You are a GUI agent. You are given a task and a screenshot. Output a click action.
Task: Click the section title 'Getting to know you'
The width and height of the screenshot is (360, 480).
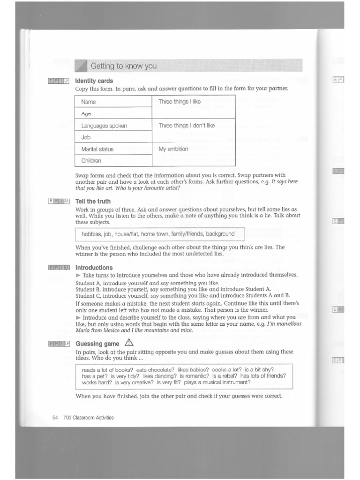[x=124, y=66]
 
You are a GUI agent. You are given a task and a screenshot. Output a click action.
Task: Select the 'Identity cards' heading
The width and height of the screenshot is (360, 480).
[x=94, y=81]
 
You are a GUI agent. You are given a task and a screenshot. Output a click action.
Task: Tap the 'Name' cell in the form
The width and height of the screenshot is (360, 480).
[x=89, y=102]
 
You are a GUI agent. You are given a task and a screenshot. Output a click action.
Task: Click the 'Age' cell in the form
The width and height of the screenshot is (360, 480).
[x=86, y=114]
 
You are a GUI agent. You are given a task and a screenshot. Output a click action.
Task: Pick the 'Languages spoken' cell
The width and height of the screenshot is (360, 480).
[x=104, y=126]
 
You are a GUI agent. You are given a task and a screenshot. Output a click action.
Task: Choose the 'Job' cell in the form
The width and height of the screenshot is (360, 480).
[x=86, y=137]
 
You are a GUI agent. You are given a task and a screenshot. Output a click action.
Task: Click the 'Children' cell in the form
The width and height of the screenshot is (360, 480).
[x=91, y=161]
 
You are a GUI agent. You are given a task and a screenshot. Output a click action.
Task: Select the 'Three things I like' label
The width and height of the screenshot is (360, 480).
[x=180, y=102]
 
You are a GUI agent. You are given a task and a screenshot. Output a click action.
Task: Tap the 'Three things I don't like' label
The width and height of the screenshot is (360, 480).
[x=187, y=126]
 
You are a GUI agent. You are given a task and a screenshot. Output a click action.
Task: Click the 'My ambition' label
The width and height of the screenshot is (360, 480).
[x=173, y=149]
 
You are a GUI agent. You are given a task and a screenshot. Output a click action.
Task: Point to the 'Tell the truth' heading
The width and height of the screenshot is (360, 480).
[x=93, y=202]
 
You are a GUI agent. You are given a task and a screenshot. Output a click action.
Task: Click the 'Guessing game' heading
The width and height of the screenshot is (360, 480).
[x=97, y=344]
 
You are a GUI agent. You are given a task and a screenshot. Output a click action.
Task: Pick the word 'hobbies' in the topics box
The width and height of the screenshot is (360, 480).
[x=91, y=234]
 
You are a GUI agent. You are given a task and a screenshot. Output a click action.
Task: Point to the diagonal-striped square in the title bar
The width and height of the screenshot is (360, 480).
[x=82, y=66]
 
